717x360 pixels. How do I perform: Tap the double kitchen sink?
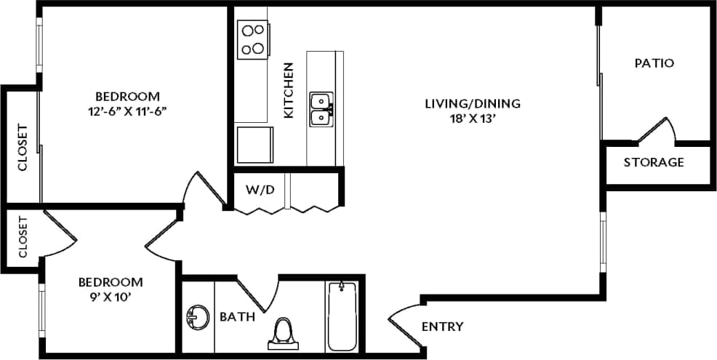pos(321,109)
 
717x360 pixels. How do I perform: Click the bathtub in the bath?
pos(341,316)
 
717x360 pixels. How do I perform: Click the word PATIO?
pos(654,63)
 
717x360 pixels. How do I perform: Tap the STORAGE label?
pos(654,162)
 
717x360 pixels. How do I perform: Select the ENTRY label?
pos(442,327)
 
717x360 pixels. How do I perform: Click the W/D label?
pos(260,191)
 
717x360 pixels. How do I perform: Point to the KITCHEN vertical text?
pos(289,91)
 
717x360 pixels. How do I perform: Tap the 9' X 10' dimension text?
pos(110,296)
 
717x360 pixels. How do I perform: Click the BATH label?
pos(237,316)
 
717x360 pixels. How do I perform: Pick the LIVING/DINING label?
pos(473,103)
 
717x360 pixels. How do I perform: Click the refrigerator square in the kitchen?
pos(255,145)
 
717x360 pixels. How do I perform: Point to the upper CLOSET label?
pos(22,148)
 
